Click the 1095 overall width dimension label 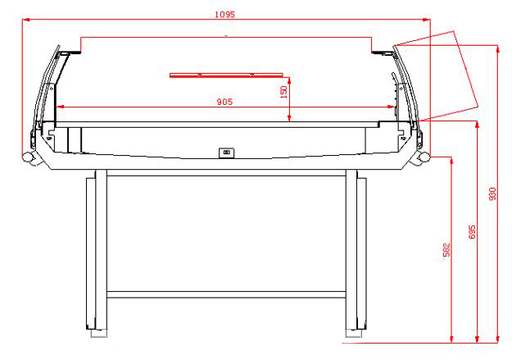[x=224, y=13]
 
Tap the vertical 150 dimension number [x=283, y=90]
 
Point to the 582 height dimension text [x=446, y=249]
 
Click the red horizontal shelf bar [x=228, y=73]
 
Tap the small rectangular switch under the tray [x=226, y=153]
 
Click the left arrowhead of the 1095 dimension [x=27, y=19]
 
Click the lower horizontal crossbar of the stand [x=227, y=294]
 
